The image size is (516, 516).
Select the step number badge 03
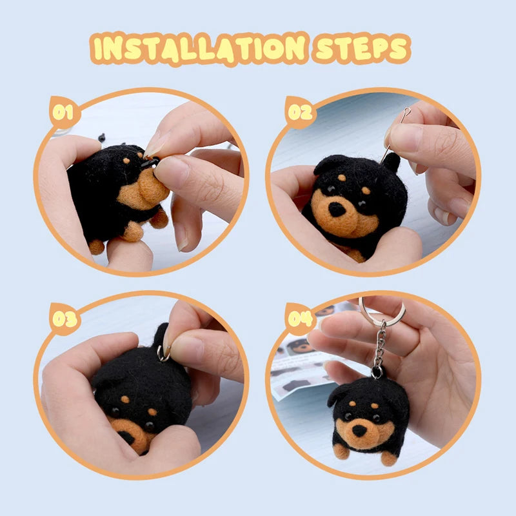tap(63, 319)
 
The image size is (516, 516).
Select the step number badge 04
tap(301, 319)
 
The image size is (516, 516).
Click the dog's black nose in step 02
tap(337, 208)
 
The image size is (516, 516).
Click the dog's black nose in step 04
tap(359, 430)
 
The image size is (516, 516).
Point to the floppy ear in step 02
tap(325, 165)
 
